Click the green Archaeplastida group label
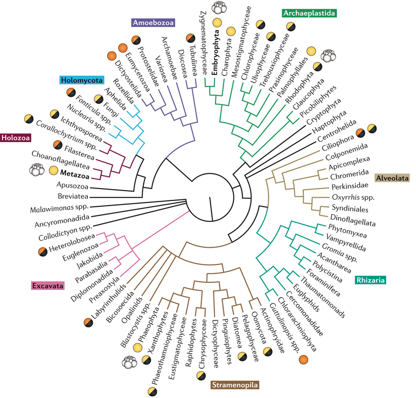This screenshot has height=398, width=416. pyautogui.click(x=309, y=13)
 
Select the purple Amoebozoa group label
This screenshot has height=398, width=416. pyautogui.click(x=154, y=23)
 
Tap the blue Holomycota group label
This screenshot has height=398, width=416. pyautogui.click(x=81, y=80)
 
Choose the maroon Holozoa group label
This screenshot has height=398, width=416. pyautogui.click(x=16, y=138)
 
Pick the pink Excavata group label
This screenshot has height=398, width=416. pyautogui.click(x=48, y=285)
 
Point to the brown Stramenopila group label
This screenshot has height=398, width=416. pyautogui.click(x=235, y=385)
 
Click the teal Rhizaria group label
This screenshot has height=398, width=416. pyautogui.click(x=370, y=280)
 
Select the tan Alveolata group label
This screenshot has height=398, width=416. pyautogui.click(x=392, y=178)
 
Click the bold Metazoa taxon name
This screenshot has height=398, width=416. pyautogui.click(x=75, y=173)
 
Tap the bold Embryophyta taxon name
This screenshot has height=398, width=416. pyautogui.click(x=216, y=52)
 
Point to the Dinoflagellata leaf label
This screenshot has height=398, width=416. pyautogui.click(x=353, y=221)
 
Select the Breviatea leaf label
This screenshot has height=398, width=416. pyautogui.click(x=73, y=197)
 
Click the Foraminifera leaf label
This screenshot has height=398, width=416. pyautogui.click(x=323, y=282)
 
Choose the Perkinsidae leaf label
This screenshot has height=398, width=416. pyautogui.click(x=350, y=186)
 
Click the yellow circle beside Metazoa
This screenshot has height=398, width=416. pyautogui.click(x=53, y=170)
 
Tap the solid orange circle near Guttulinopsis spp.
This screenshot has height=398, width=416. pyautogui.click(x=303, y=360)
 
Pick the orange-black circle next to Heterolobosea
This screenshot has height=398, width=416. pyautogui.click(x=43, y=252)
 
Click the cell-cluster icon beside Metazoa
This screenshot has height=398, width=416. pyautogui.click(x=37, y=170)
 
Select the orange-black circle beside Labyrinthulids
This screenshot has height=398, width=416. pyautogui.click(x=88, y=323)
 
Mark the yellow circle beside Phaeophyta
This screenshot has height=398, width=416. pyautogui.click(x=137, y=347)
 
